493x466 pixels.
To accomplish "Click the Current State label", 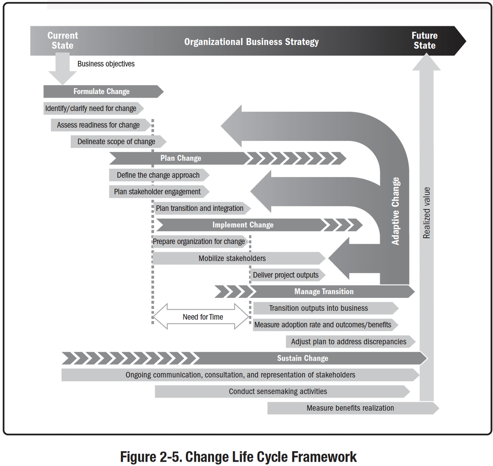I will (x=63, y=40).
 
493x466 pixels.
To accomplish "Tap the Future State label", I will (x=424, y=40).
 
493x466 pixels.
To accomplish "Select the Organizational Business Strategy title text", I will (x=251, y=41).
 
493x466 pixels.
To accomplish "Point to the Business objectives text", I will (x=106, y=64).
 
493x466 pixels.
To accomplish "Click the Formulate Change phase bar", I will (x=102, y=91).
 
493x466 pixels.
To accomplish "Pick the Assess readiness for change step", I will (x=99, y=125).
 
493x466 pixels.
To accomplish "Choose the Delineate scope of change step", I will (x=116, y=142).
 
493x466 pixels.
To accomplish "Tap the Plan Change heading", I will (x=180, y=158).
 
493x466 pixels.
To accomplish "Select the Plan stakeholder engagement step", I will (x=158, y=191).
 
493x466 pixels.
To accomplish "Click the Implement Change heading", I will (x=243, y=225).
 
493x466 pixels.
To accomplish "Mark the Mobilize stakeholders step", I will (x=232, y=258).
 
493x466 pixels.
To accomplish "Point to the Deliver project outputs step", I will (x=286, y=275).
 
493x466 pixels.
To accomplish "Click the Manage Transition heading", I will (x=324, y=291).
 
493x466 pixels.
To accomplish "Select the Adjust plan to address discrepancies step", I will (x=349, y=341).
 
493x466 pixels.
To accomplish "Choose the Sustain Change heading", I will (x=302, y=358).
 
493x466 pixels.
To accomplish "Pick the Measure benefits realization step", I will (x=350, y=408).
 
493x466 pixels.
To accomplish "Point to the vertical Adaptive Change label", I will (x=395, y=211).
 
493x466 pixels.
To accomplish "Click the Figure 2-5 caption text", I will (x=239, y=457).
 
